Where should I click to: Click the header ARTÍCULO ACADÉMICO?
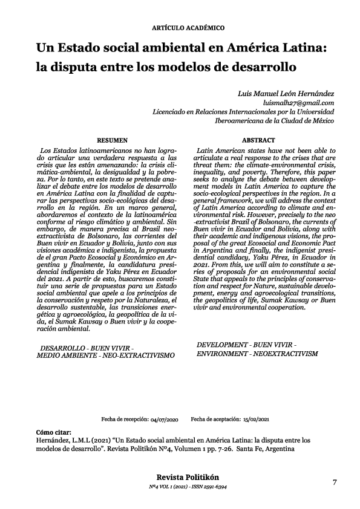(x=180, y=28)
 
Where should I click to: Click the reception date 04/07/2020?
(x=163, y=418)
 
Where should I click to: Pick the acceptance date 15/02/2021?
(x=255, y=418)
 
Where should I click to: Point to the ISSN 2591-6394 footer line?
(x=209, y=486)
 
